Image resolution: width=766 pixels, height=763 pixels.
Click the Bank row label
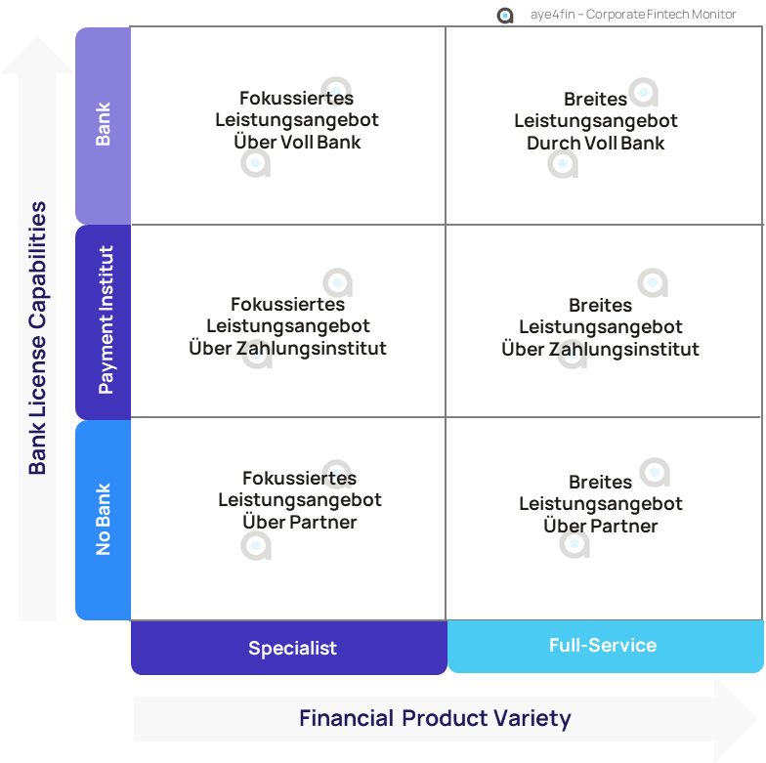point(103,125)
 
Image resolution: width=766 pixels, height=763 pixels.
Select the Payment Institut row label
point(106,320)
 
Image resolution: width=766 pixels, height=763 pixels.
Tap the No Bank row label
point(104,520)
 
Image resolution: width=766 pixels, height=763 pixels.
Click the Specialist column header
point(292,648)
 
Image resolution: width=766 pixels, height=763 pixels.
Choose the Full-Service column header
point(603,645)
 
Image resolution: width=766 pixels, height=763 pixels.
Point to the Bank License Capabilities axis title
point(37,338)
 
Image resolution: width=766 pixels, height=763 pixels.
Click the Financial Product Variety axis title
point(435,719)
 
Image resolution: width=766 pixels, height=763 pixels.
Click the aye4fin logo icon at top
point(505,15)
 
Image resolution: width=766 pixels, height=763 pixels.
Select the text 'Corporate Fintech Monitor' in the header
point(661,15)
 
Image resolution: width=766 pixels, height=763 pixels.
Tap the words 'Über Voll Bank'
point(297,143)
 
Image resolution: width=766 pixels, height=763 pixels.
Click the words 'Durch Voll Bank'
point(596,144)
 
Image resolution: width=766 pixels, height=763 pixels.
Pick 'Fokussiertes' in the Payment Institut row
point(287,305)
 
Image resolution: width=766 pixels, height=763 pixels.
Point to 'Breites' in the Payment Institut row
point(601,306)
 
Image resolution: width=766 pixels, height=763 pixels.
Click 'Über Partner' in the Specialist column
point(300,523)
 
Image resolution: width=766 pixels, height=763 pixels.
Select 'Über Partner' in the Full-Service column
point(601,527)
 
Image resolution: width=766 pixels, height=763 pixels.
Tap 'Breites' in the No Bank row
point(601,483)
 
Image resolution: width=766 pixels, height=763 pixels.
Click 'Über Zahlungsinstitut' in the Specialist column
point(287,349)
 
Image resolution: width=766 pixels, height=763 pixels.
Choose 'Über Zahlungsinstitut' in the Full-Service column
point(601,350)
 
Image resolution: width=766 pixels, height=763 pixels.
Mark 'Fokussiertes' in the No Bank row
point(299,479)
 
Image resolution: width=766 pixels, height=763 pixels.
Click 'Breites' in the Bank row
point(596,100)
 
